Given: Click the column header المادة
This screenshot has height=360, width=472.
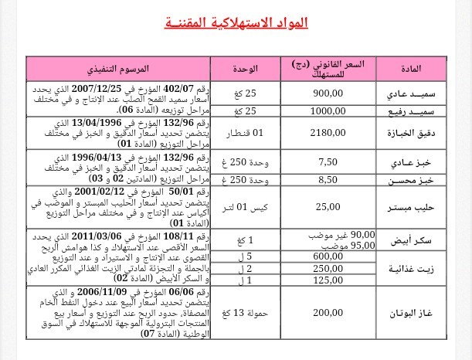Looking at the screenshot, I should click(x=413, y=70).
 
